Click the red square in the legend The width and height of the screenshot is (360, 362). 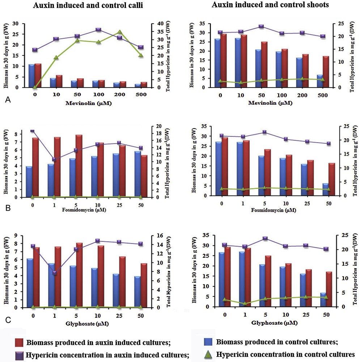pyautogui.click(x=20, y=342)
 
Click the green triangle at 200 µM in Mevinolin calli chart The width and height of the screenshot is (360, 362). pyautogui.click(x=120, y=32)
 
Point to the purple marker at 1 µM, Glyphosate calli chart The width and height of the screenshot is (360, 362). pyautogui.click(x=55, y=273)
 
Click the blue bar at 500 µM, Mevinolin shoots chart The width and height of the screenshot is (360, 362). pyautogui.click(x=320, y=81)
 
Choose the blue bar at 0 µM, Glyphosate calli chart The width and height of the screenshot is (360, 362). pyautogui.click(x=30, y=283)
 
